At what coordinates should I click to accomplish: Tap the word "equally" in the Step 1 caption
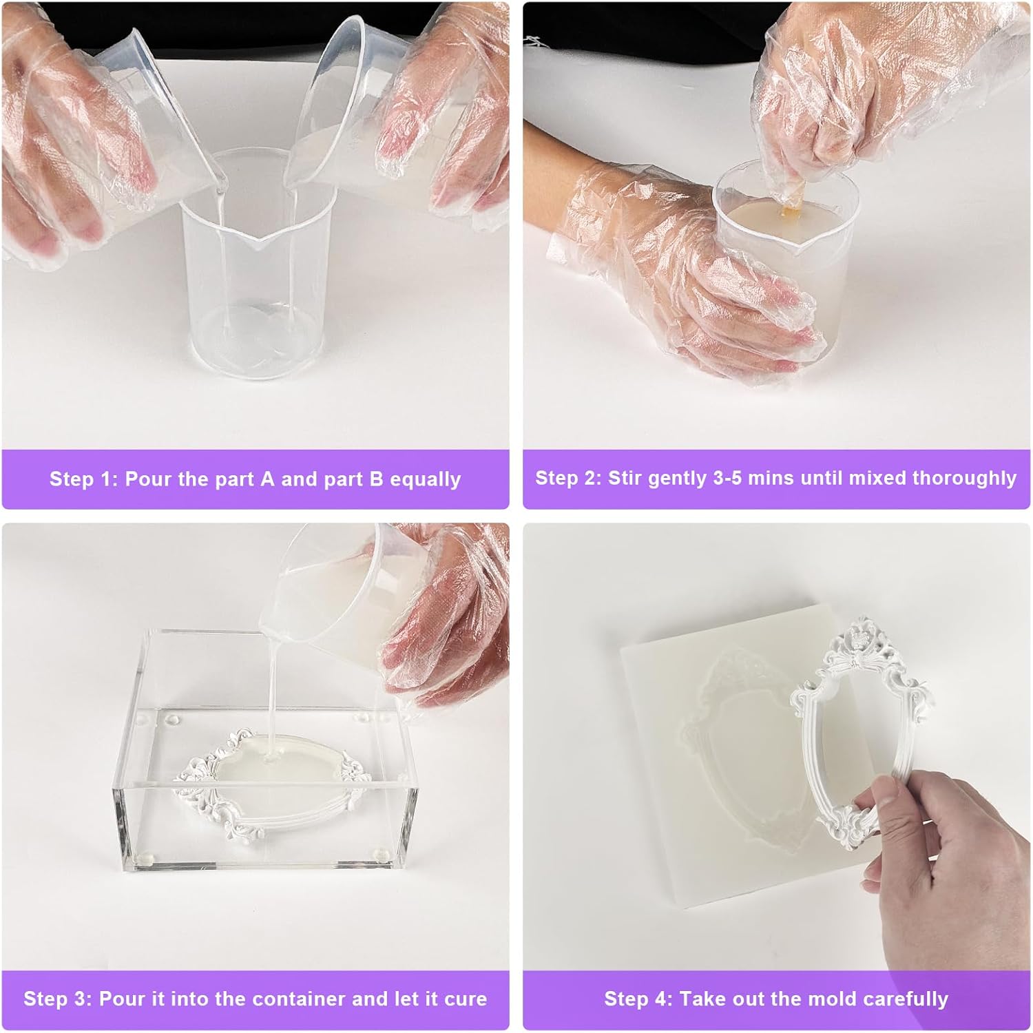425,479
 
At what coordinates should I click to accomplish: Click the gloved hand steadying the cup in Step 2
689,275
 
